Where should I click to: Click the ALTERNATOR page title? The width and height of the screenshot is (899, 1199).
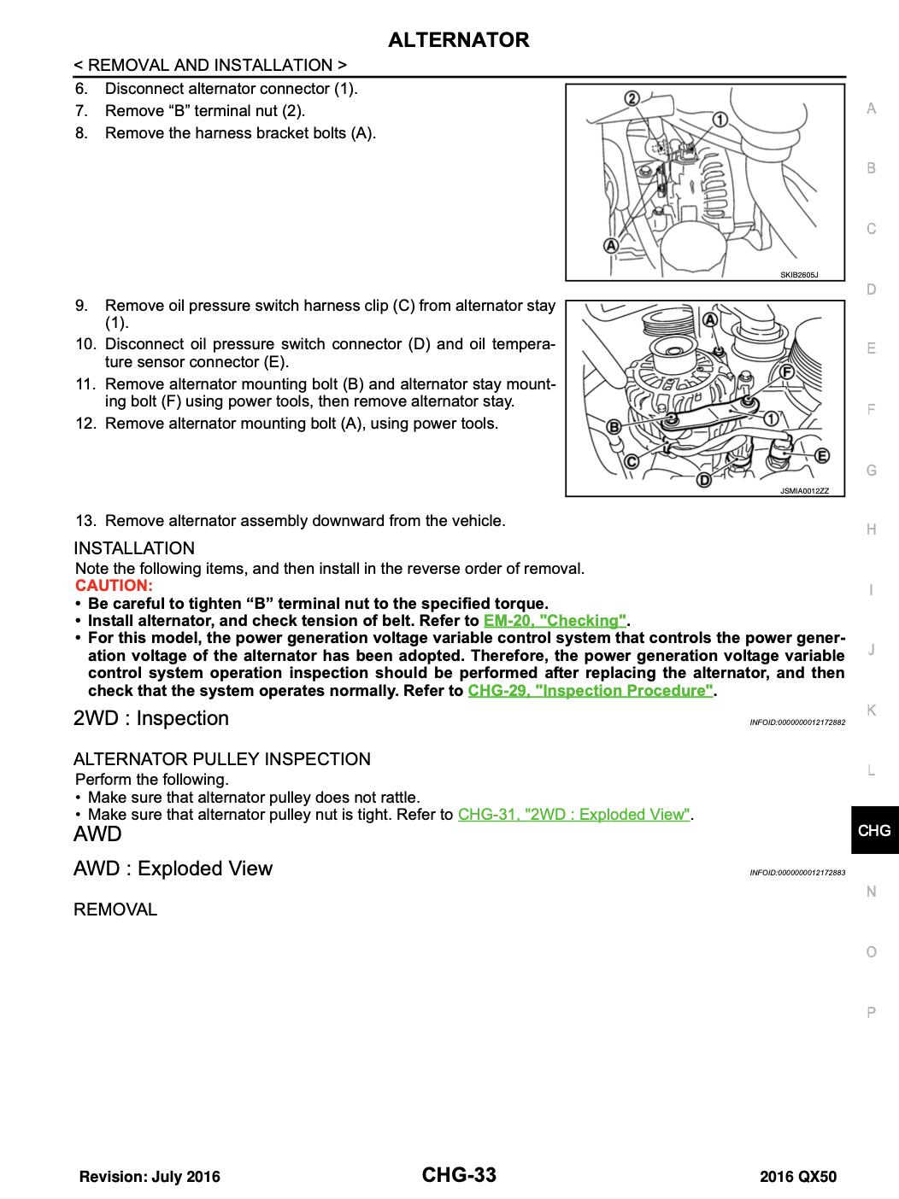pyautogui.click(x=458, y=40)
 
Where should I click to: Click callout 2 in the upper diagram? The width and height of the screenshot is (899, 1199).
pyautogui.click(x=632, y=98)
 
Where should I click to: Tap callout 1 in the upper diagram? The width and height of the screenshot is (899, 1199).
pyautogui.click(x=720, y=120)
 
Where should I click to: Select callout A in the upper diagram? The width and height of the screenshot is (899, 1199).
pyautogui.click(x=612, y=246)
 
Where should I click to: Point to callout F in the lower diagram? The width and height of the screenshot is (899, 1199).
pyautogui.click(x=787, y=371)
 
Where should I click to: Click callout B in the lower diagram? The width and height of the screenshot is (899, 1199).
pyautogui.click(x=614, y=426)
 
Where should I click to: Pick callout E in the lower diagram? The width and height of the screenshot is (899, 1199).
pyautogui.click(x=822, y=455)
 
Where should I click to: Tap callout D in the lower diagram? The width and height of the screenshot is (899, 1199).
pyautogui.click(x=703, y=480)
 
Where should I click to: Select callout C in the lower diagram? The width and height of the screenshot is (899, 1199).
pyautogui.click(x=632, y=460)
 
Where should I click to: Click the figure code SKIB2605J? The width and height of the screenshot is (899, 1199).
pyautogui.click(x=798, y=275)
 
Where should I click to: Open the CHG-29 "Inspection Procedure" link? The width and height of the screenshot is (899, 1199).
pyautogui.click(x=591, y=691)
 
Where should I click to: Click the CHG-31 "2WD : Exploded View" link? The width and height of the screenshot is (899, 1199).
pyautogui.click(x=573, y=815)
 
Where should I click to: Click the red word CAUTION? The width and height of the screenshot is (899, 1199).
pyautogui.click(x=114, y=586)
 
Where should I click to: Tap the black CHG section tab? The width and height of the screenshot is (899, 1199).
pyautogui.click(x=873, y=830)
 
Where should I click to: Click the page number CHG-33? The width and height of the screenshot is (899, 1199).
pyautogui.click(x=459, y=1175)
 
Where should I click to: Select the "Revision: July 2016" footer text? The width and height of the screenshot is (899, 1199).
pyautogui.click(x=150, y=1177)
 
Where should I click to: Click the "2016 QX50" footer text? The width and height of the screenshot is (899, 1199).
pyautogui.click(x=798, y=1177)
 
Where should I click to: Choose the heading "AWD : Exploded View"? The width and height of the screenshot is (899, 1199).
pyautogui.click(x=173, y=869)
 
